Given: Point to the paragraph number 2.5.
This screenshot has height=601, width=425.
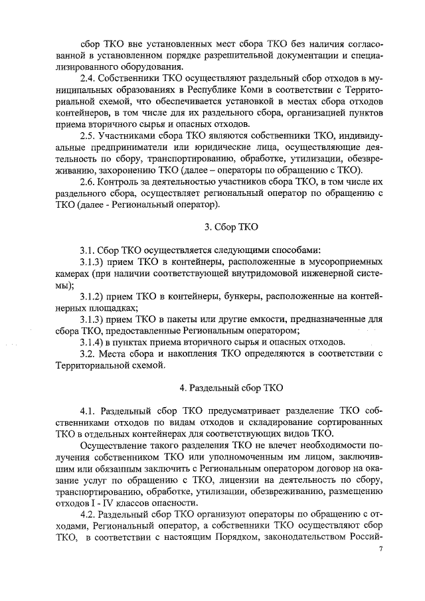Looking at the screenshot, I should (88, 135).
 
